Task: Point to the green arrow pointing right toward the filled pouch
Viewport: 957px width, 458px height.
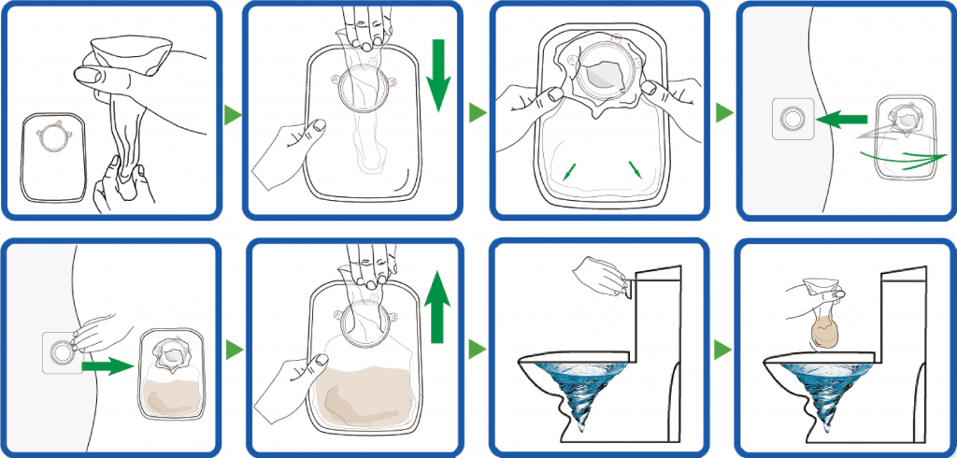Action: click(106, 367)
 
